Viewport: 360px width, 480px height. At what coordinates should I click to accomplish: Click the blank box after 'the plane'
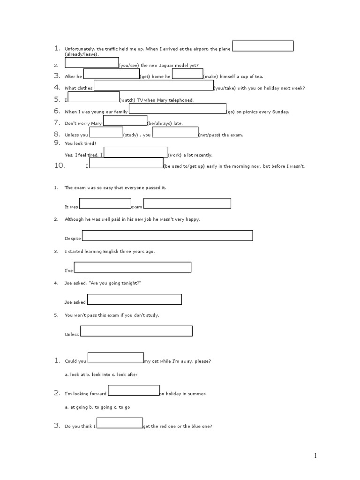pyautogui.click(x=263, y=46)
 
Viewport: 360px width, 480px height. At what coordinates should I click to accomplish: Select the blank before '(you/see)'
pyautogui.click(x=92, y=63)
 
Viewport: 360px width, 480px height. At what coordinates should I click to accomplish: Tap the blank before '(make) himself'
pyautogui.click(x=187, y=74)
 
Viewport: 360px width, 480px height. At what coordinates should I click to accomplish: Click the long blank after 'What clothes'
pyautogui.click(x=154, y=85)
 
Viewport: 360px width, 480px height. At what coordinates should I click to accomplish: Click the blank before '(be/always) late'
pyautogui.click(x=125, y=120)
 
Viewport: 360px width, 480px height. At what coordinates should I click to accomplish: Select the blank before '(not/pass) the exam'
pyautogui.click(x=175, y=132)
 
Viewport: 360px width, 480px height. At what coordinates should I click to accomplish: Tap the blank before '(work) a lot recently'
pyautogui.click(x=136, y=152)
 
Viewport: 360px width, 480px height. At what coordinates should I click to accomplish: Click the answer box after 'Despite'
pyautogui.click(x=167, y=235)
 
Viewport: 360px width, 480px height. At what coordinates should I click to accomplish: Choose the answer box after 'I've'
pyautogui.click(x=133, y=267)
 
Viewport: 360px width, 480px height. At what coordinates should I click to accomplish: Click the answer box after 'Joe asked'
pyautogui.click(x=135, y=299)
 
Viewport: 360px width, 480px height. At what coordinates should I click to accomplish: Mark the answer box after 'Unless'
pyautogui.click(x=136, y=331)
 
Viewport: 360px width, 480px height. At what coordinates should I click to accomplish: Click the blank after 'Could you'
pyautogui.click(x=116, y=358)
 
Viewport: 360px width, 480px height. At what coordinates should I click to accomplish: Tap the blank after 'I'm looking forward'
pyautogui.click(x=134, y=390)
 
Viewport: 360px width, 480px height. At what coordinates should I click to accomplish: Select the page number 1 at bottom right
pyautogui.click(x=316, y=456)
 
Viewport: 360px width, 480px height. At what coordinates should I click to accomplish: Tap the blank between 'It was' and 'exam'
pyautogui.click(x=105, y=203)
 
